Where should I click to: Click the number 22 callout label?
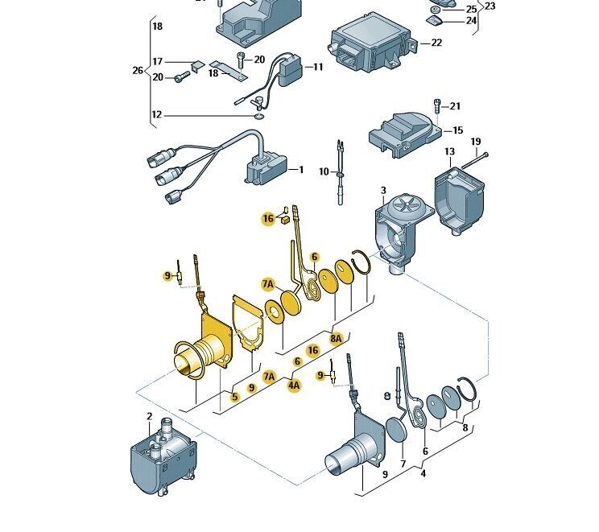coord(436,43)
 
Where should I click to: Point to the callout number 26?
coord(138,70)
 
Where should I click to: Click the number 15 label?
coord(457,130)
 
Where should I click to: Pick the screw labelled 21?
coord(437,105)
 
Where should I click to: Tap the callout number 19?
coord(475,142)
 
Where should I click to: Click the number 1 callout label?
coord(302,170)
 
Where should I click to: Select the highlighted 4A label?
coord(295,386)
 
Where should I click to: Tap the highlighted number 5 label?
coord(234,397)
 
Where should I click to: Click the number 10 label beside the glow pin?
coord(324,172)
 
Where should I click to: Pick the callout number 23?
coord(490,6)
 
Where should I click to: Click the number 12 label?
coord(156,115)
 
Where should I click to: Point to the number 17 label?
coord(158,62)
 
